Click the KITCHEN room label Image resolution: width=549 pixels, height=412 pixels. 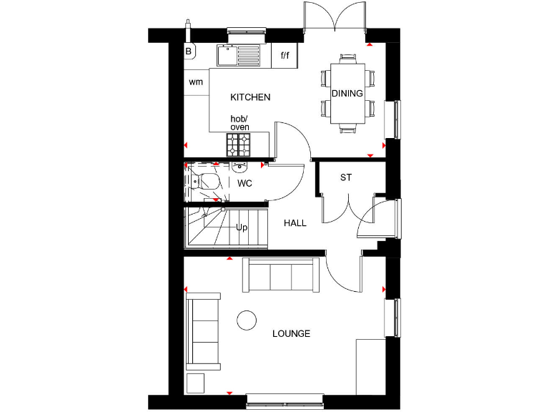tap(250, 97)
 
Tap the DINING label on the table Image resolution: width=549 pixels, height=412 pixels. tap(347, 94)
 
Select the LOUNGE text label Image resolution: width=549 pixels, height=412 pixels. tap(292, 333)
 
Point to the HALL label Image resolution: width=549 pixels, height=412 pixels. tap(295, 223)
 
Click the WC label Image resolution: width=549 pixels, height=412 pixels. tap(245, 183)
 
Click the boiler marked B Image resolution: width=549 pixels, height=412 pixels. tap(189, 51)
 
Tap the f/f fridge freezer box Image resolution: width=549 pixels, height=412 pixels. tap(285, 55)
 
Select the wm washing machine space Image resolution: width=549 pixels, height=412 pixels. tap(196, 82)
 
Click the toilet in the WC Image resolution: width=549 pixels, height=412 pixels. tap(208, 183)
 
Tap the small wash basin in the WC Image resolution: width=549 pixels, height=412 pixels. tap(239, 167)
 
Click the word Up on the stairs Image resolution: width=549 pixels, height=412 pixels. tap(242, 227)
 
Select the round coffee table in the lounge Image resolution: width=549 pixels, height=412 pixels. tap(247, 320)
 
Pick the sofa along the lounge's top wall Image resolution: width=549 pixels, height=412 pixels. tap(280, 275)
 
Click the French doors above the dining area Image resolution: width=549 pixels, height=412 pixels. tap(335, 16)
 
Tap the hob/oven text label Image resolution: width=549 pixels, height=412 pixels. tap(239, 122)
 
